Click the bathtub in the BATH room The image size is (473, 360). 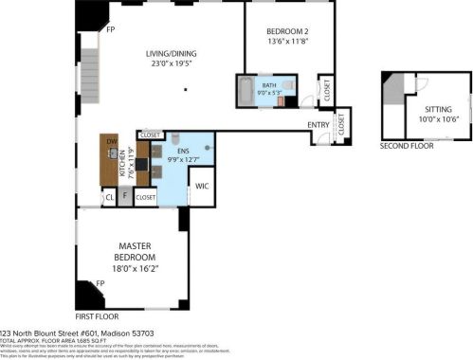246,92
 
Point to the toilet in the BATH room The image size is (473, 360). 289,97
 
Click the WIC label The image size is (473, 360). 201,187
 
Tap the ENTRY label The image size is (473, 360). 318,125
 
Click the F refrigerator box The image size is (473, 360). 124,197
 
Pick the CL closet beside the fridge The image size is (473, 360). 109,197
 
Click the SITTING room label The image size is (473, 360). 437,109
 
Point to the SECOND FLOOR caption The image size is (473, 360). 407,147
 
